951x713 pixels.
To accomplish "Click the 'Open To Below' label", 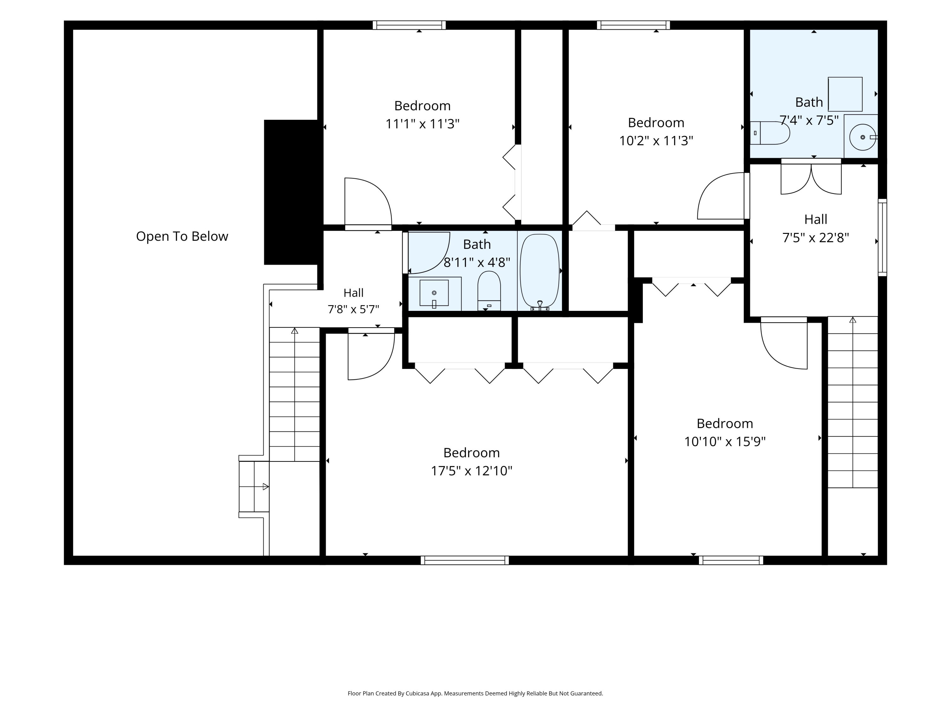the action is [182, 236].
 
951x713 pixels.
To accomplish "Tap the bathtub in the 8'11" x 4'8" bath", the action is [540, 270].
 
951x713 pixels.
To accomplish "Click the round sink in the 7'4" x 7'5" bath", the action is [863, 137].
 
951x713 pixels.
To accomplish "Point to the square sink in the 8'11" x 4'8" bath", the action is [434, 293].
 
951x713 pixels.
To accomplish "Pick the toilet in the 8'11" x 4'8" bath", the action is [489, 291].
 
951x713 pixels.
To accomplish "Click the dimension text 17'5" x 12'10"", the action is [472, 471].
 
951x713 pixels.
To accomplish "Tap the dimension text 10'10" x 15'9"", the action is [725, 442].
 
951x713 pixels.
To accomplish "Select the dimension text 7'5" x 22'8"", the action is [816, 238].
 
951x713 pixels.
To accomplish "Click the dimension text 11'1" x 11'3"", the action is [423, 124].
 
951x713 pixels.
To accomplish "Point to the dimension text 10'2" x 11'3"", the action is [656, 141].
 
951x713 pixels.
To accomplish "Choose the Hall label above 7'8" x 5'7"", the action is [353, 293].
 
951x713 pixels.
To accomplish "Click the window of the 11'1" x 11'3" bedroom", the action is [409, 25].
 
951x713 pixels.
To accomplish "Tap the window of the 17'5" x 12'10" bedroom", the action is [465, 560].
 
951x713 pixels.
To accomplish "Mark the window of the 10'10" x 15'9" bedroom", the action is [731, 560].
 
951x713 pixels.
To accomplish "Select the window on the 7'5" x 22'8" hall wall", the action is [882, 237].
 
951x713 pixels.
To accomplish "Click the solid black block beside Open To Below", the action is [293, 192].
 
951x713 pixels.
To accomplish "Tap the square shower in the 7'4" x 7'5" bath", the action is [845, 94].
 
